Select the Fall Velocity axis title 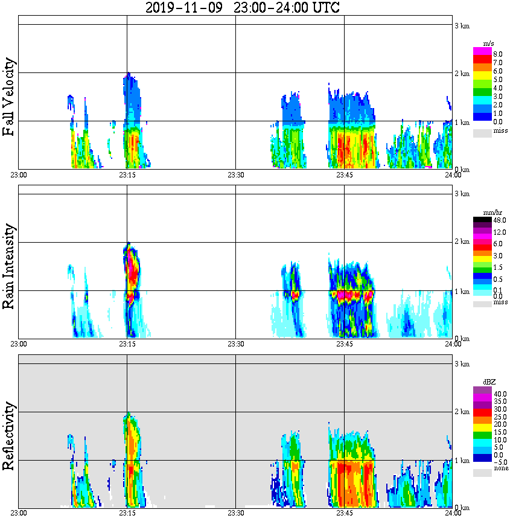point(8,97)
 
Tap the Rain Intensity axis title point(8,266)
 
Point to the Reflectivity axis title point(8,436)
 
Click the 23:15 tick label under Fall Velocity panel point(127,175)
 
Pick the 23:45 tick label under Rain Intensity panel point(344,344)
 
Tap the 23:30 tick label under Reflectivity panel point(235,513)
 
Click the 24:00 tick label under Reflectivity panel point(453,513)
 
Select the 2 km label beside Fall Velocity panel point(462,74)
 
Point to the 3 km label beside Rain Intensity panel point(462,194)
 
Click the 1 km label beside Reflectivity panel point(462,461)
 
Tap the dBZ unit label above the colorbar point(488,382)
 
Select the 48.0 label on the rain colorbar point(499,220)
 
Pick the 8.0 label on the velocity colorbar point(498,54)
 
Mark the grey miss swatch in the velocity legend point(482,132)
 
